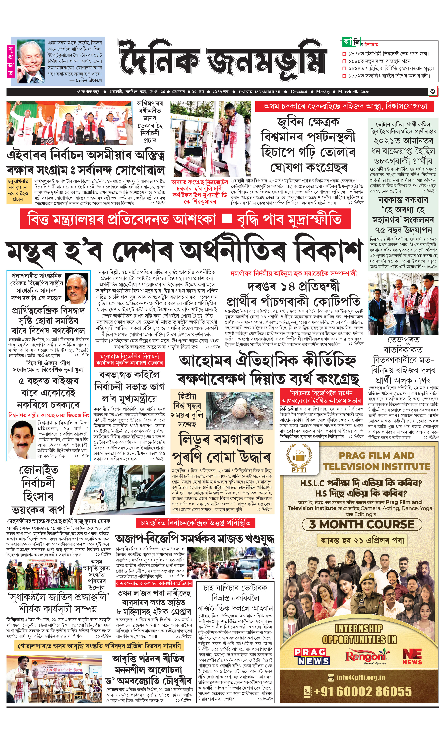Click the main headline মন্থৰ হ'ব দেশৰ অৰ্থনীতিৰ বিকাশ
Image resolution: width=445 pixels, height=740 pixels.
click(183, 250)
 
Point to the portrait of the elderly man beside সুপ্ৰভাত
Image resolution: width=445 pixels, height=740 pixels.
click(30, 62)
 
